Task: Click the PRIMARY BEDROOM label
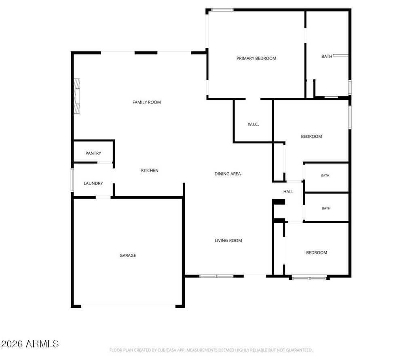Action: click(x=256, y=58)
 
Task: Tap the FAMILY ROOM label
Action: click(x=146, y=102)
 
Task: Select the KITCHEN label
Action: click(x=150, y=171)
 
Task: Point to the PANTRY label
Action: click(x=93, y=153)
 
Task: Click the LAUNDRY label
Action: click(x=93, y=183)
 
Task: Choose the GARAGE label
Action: click(x=128, y=255)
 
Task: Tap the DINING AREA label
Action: click(x=228, y=174)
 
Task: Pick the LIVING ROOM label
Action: click(x=228, y=241)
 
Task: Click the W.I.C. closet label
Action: click(x=253, y=125)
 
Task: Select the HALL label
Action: click(x=288, y=192)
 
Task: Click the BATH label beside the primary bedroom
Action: click(x=327, y=56)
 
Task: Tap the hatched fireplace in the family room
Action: click(x=76, y=96)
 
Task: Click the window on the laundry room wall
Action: click(x=72, y=180)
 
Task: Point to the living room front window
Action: click(x=216, y=276)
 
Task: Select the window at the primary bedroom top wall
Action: click(x=222, y=10)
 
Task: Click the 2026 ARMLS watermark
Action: click(x=30, y=344)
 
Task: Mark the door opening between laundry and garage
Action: click(x=103, y=197)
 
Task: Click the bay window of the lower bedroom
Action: click(x=309, y=278)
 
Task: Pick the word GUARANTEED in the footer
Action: click(x=300, y=350)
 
